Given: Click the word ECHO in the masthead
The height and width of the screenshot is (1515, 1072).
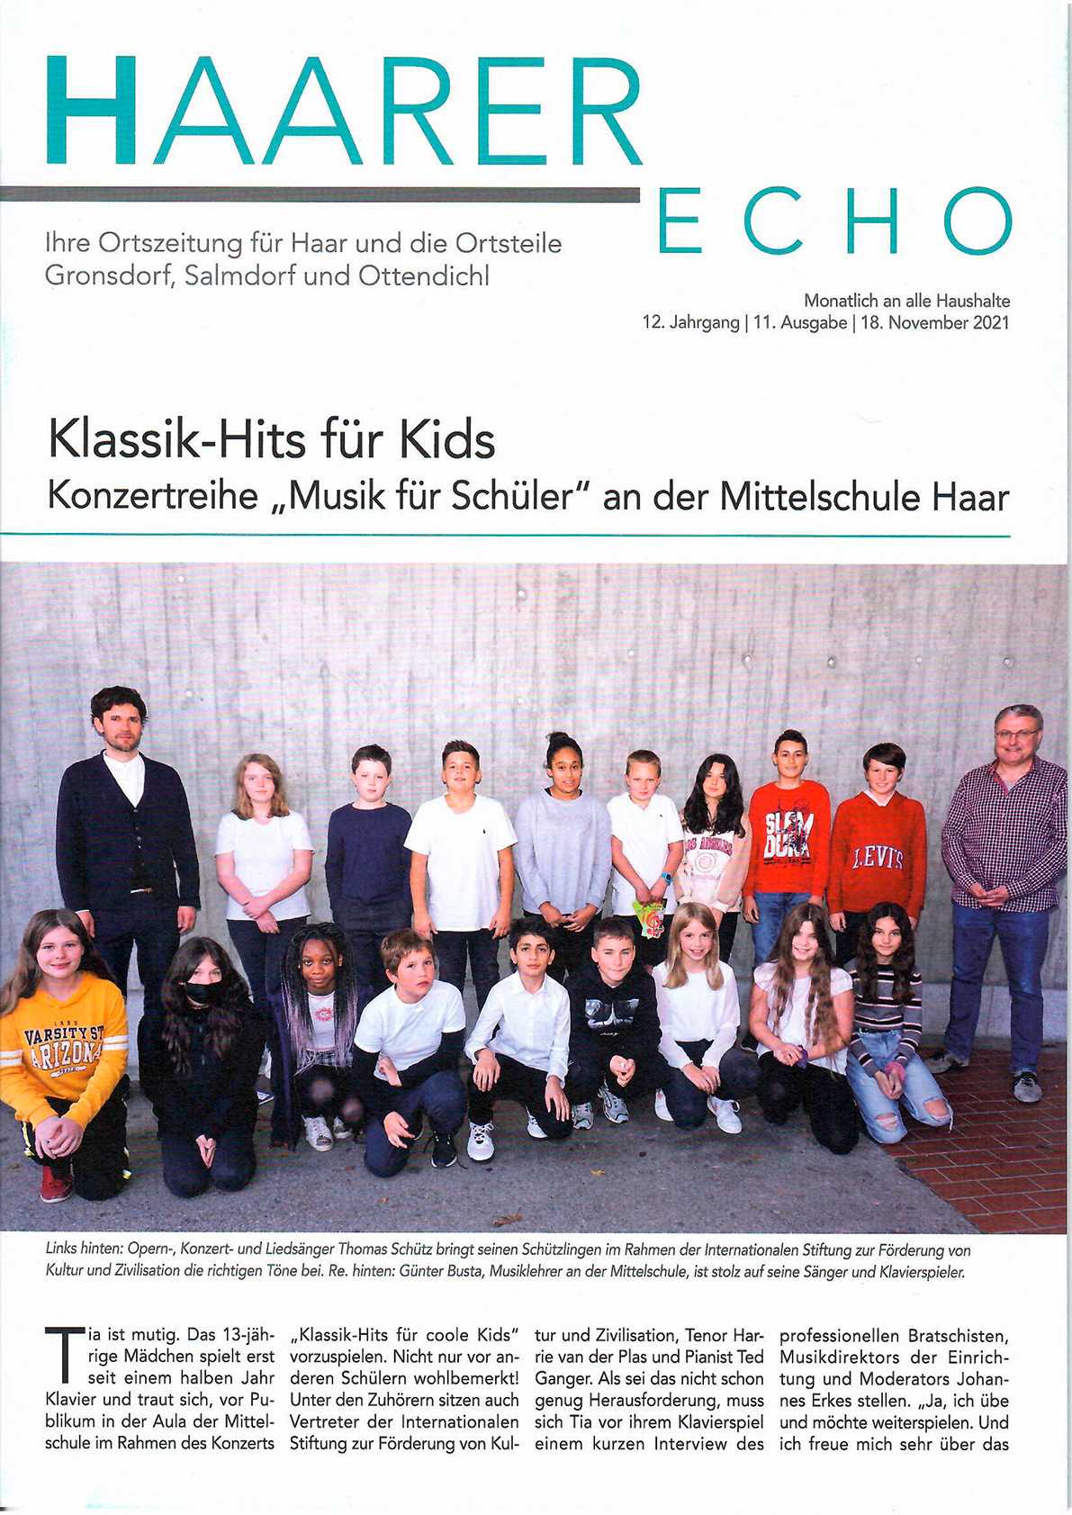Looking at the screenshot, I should pyautogui.click(x=835, y=221).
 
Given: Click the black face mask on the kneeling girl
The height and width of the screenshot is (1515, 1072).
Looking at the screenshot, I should pyautogui.click(x=200, y=993).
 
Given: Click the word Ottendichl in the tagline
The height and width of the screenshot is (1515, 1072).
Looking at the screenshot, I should pyautogui.click(x=424, y=275).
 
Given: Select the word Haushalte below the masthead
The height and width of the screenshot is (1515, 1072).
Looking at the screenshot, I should pyautogui.click(x=973, y=301).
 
